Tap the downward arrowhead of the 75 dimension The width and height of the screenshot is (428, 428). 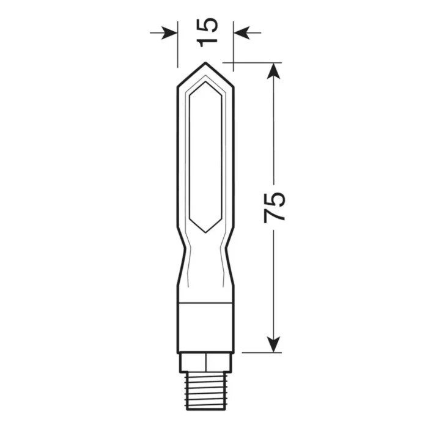point(274,345)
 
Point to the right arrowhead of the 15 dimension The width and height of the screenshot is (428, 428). point(240,32)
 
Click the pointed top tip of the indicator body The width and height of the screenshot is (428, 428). point(205,63)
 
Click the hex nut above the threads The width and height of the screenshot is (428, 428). point(205,363)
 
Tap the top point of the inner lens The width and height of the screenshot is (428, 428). point(205,79)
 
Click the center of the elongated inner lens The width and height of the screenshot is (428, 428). point(205,156)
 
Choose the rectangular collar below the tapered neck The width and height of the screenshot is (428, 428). point(205,328)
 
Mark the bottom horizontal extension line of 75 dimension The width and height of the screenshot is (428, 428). point(260,353)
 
